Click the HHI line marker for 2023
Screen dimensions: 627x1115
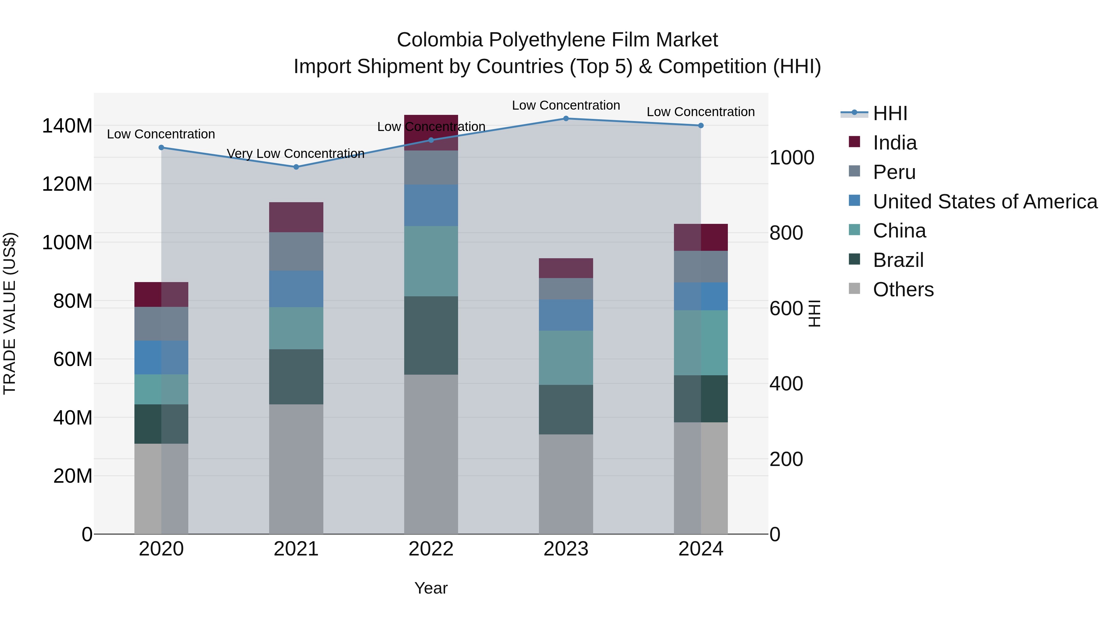click(x=566, y=119)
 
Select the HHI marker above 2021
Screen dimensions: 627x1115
click(x=296, y=167)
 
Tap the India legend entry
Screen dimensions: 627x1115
click(x=894, y=143)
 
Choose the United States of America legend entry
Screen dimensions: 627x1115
click(x=985, y=202)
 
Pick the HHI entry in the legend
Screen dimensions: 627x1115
click(x=890, y=113)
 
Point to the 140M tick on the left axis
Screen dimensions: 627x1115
click(x=67, y=126)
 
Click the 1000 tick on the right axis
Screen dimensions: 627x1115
click(x=792, y=158)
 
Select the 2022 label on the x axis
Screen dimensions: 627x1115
click(x=431, y=549)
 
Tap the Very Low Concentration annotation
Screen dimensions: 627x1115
click(x=296, y=154)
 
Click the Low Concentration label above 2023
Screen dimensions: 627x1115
click(x=566, y=105)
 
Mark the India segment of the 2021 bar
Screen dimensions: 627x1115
click(x=296, y=217)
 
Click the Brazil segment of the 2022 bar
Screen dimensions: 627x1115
click(x=431, y=335)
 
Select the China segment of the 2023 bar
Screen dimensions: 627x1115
click(x=566, y=358)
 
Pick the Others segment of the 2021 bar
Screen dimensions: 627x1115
click(x=296, y=469)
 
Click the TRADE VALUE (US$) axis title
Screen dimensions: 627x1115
click(x=10, y=313)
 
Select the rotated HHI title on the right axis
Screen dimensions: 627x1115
click(x=814, y=313)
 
